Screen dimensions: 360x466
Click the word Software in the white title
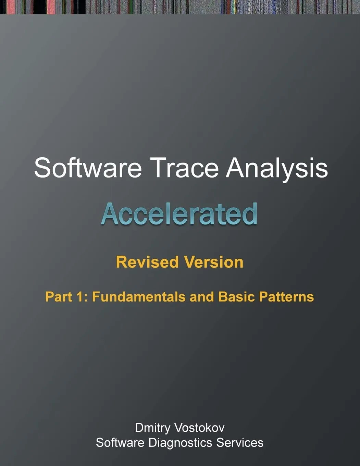(88, 168)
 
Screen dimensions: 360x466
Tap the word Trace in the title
(186, 168)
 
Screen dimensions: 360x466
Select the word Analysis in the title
(277, 169)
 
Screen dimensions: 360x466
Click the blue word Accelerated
(179, 213)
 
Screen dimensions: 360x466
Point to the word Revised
(147, 262)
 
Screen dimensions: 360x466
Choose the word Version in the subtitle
(214, 262)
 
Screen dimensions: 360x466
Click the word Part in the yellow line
(59, 297)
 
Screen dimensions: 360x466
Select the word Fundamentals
(139, 297)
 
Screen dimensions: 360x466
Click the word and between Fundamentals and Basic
(202, 297)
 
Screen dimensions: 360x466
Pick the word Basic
(236, 297)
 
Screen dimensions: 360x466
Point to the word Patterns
(286, 297)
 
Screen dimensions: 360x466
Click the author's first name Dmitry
(152, 428)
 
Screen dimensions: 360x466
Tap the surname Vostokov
(200, 428)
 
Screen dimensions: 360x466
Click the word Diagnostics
(180, 443)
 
